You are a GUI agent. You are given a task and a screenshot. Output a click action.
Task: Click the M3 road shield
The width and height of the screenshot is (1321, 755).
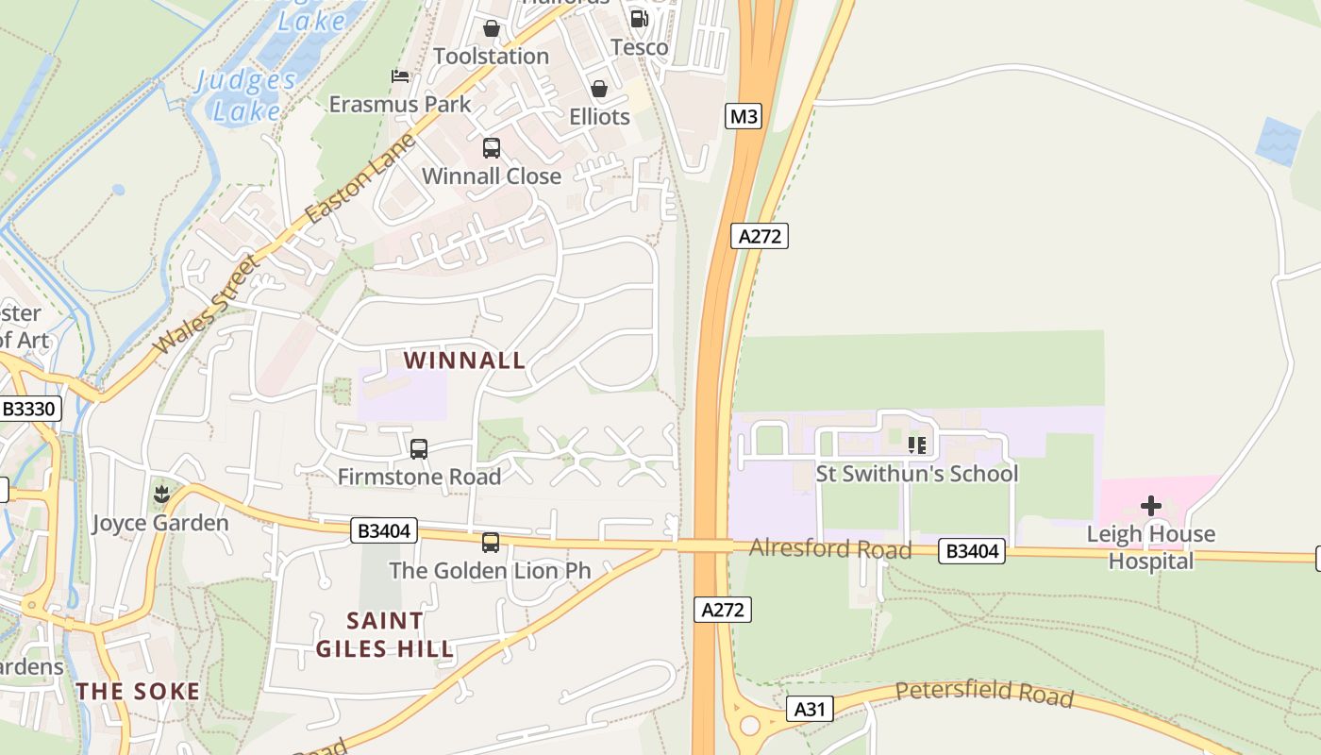pyautogui.click(x=744, y=116)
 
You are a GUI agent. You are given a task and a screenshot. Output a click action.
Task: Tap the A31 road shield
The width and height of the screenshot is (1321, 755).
pyautogui.click(x=810, y=709)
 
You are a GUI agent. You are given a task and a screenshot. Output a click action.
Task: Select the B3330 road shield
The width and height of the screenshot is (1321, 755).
pyautogui.click(x=31, y=409)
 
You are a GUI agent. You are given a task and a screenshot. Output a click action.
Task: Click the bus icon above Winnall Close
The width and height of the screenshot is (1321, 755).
pyautogui.click(x=492, y=148)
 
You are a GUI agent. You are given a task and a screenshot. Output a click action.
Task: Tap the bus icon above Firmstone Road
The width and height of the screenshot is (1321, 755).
pyautogui.click(x=419, y=449)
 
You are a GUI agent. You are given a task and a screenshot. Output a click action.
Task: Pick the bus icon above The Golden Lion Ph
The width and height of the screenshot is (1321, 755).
pyautogui.click(x=491, y=543)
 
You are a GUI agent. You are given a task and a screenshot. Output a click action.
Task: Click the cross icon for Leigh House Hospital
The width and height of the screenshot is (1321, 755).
pyautogui.click(x=1151, y=506)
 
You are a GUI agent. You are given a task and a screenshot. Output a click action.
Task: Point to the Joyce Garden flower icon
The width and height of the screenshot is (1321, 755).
pyautogui.click(x=161, y=494)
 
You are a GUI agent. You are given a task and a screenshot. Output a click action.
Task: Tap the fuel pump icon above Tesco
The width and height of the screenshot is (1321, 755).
pyautogui.click(x=639, y=19)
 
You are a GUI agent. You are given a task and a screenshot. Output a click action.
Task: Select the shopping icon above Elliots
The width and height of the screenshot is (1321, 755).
pyautogui.click(x=599, y=89)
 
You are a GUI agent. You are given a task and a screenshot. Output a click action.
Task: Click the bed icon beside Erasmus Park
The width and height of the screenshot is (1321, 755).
pyautogui.click(x=400, y=75)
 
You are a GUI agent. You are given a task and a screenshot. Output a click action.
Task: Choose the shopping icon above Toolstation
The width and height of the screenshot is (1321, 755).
pyautogui.click(x=491, y=29)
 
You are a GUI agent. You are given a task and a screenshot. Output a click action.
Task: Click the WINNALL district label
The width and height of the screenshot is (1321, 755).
pyautogui.click(x=464, y=360)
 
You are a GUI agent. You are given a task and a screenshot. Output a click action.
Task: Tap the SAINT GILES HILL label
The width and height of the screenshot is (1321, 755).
pyautogui.click(x=385, y=634)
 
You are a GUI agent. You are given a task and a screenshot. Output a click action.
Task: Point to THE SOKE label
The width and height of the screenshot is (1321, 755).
pyautogui.click(x=138, y=691)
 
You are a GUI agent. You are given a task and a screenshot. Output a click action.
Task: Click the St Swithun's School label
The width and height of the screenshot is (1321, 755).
pyautogui.click(x=917, y=473)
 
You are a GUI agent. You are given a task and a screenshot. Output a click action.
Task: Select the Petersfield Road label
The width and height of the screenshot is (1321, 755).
pyautogui.click(x=984, y=694)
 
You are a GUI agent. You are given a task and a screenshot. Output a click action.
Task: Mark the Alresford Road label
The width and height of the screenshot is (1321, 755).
pyautogui.click(x=830, y=548)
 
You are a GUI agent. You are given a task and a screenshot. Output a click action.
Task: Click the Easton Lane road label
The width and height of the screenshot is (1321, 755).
pyautogui.click(x=361, y=178)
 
